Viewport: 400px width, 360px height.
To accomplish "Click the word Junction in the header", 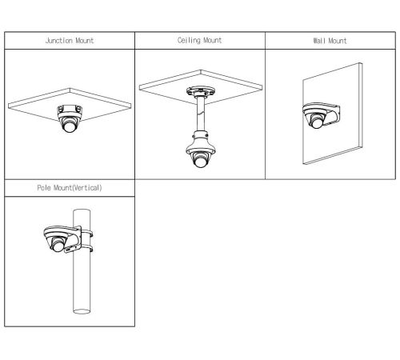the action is tap(59, 41).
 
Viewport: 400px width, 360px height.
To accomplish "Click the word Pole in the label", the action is tap(44, 188).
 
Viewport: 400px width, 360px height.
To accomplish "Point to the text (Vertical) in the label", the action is tap(87, 188).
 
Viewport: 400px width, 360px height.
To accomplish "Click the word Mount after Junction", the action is tap(85, 41).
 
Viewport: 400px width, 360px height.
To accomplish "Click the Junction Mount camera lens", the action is tap(70, 126).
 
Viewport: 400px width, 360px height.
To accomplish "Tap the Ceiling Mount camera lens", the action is tap(200, 162).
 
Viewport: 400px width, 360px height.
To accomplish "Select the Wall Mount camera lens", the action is tap(317, 122).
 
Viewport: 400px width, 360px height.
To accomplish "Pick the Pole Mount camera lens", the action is tap(58, 246).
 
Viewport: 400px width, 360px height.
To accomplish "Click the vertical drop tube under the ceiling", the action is tap(200, 114).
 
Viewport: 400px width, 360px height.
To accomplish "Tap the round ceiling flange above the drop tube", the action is tap(200, 91).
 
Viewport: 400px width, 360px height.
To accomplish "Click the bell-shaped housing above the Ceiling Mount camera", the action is tap(201, 142).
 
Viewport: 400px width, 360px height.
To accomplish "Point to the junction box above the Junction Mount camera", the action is tap(70, 110).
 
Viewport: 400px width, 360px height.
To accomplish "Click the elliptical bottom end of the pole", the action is tap(82, 311).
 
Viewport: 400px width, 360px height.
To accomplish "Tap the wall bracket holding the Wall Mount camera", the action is tap(331, 114).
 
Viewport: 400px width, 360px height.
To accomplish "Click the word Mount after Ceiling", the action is tap(213, 40).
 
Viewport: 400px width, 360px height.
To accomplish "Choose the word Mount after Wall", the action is tap(338, 41).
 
